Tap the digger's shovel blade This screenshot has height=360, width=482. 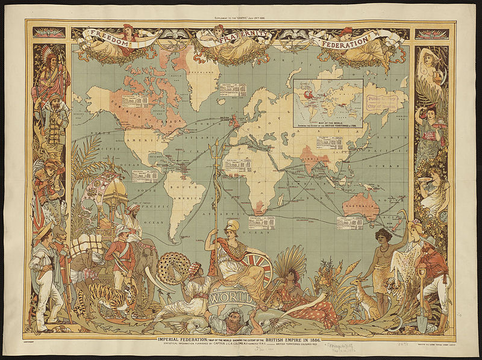[422, 323]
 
